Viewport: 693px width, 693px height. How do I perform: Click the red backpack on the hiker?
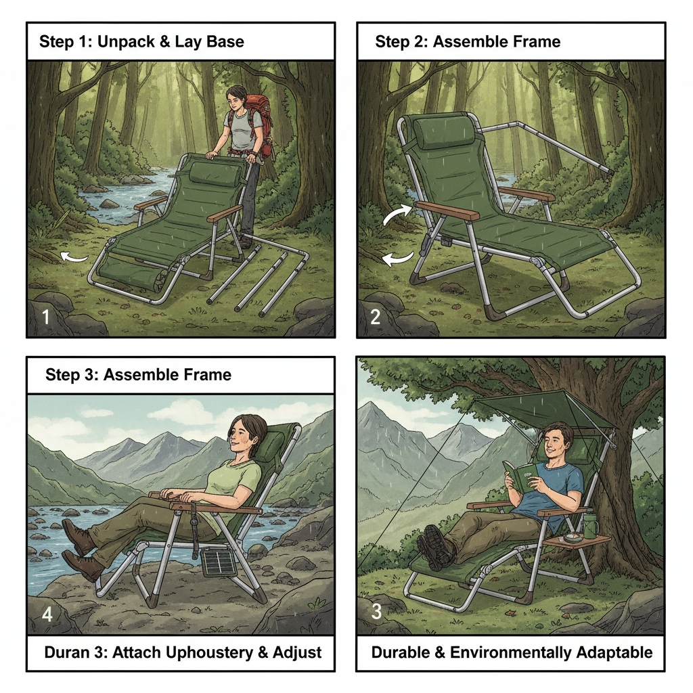coord(256,115)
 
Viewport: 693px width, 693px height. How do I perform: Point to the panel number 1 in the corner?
coord(45,316)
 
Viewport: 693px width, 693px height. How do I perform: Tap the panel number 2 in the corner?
coord(376,316)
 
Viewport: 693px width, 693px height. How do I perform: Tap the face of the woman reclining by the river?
coord(242,436)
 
